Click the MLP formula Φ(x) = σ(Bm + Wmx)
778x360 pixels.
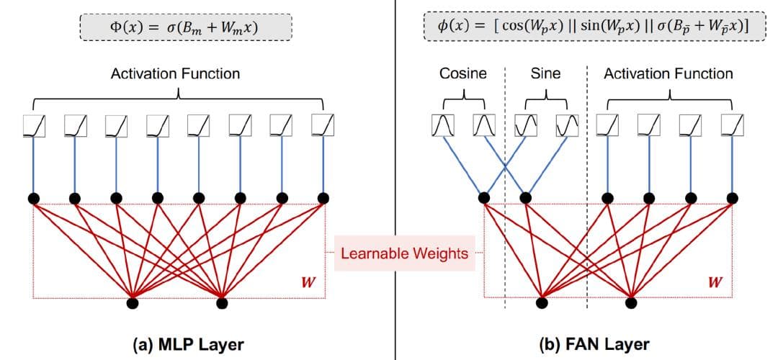click(185, 28)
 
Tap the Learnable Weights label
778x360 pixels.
click(404, 253)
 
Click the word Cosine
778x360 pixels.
click(463, 73)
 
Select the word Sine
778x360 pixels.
click(545, 73)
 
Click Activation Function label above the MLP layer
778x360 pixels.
click(175, 73)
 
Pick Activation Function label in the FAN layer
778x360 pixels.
click(668, 73)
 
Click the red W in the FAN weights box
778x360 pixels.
click(715, 281)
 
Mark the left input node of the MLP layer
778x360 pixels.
click(133, 303)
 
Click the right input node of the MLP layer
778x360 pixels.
click(223, 303)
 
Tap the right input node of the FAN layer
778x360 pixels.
click(631, 303)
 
